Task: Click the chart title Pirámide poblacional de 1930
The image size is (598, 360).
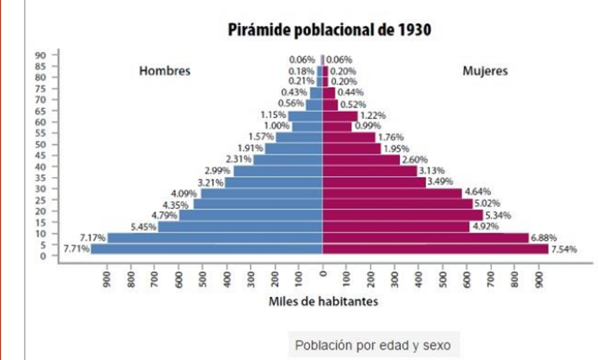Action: [x=329, y=30]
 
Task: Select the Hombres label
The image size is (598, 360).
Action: [x=164, y=71]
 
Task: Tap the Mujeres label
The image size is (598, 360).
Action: [x=485, y=71]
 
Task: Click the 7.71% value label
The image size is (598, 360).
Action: [x=77, y=249]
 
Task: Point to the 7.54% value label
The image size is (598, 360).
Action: [x=564, y=249]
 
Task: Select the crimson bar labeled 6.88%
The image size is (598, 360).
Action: [x=425, y=238]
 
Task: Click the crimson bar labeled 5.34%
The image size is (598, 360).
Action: [x=403, y=215]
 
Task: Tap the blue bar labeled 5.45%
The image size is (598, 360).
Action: [x=240, y=227]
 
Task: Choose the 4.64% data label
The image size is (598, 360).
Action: [x=477, y=192]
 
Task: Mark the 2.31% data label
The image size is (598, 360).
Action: [x=238, y=159]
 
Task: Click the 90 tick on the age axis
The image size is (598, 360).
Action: [x=40, y=55]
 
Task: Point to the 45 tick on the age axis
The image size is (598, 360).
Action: [x=40, y=155]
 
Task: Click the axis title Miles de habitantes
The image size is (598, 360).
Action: [x=323, y=301]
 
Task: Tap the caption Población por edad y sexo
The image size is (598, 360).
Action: [x=373, y=345]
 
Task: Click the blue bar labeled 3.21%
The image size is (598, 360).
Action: [x=274, y=182]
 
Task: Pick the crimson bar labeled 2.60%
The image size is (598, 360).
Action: [x=361, y=160]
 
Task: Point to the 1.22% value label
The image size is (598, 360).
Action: [x=373, y=115]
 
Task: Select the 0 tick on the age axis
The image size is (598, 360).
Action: [x=43, y=256]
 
